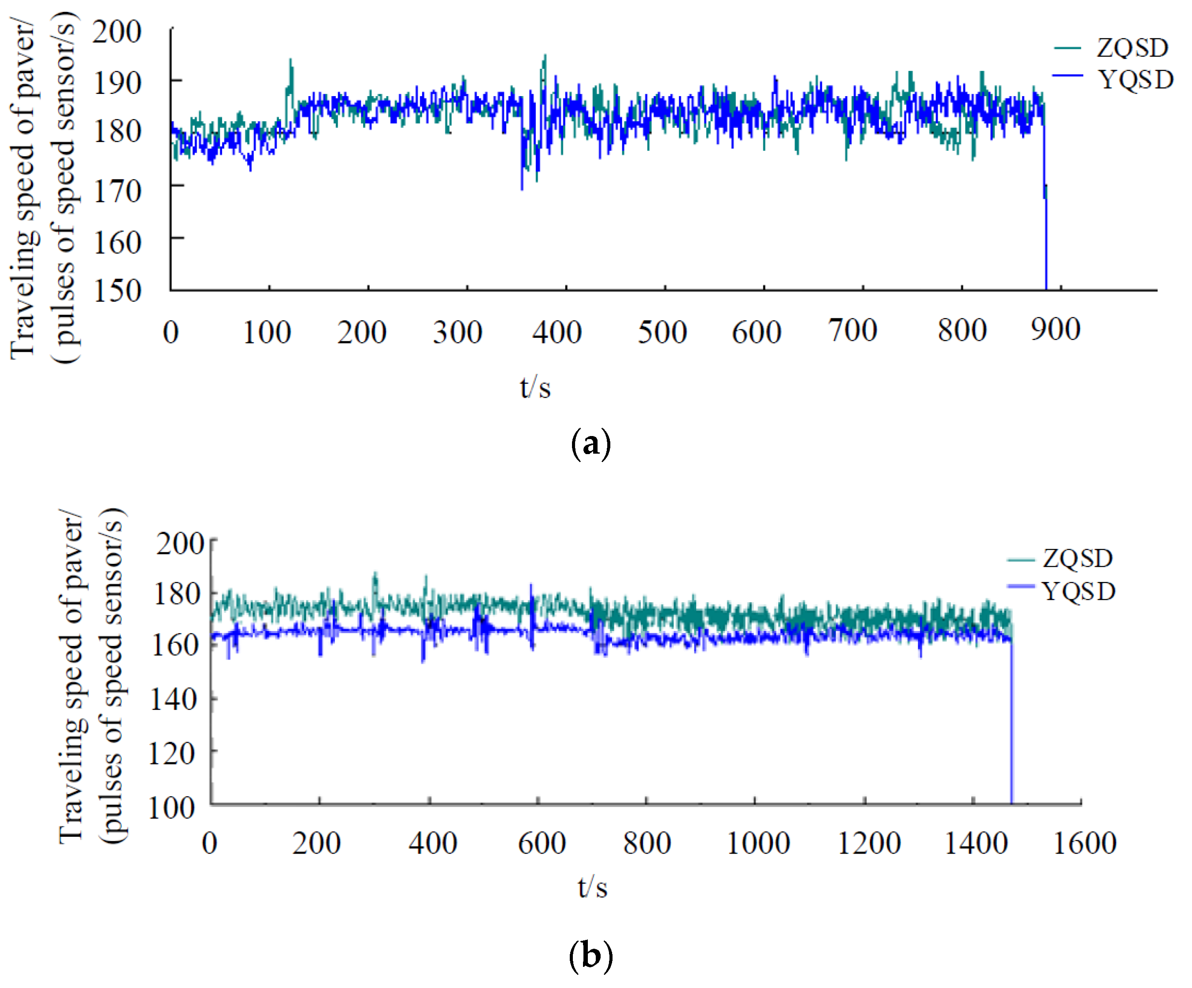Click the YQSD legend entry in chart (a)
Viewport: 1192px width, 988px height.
1135,79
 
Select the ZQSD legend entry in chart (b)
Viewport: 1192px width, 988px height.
1077,559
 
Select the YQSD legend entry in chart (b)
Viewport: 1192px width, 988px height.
1078,592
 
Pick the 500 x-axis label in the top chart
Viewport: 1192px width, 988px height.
662,332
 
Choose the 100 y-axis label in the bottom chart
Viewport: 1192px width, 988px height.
172,807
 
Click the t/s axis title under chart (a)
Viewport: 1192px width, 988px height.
535,388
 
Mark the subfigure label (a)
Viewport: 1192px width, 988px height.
591,444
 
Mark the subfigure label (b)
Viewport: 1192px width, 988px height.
591,956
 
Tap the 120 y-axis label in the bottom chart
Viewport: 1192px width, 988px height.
172,753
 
